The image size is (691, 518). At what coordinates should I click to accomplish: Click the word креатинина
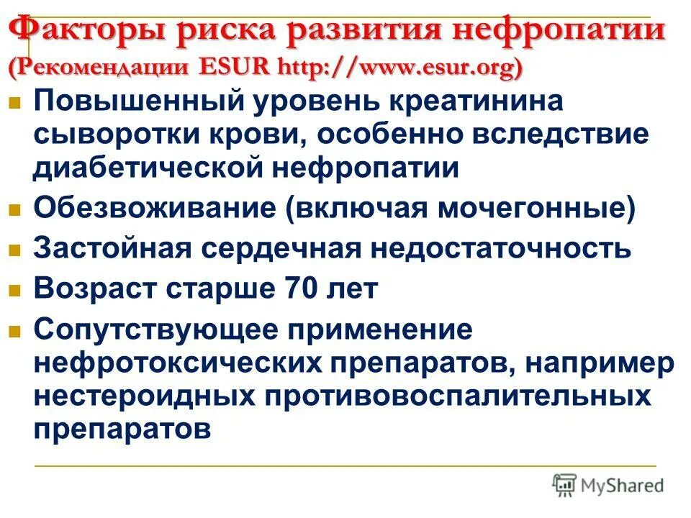click(x=475, y=101)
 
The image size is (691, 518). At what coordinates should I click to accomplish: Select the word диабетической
click(x=148, y=168)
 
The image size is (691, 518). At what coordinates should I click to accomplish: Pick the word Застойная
click(x=112, y=248)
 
